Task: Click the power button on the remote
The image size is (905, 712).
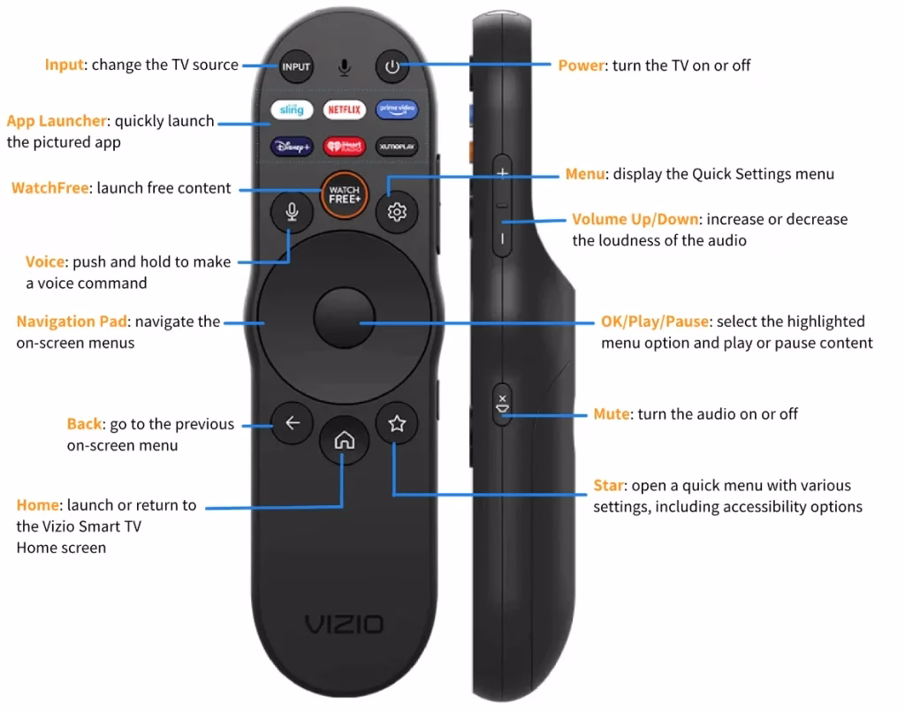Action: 392,66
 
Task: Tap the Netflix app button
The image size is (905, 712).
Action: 344,110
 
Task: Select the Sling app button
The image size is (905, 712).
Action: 292,110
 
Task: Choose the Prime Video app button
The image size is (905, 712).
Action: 396,110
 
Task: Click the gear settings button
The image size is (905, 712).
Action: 396,212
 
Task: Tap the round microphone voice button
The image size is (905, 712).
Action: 292,212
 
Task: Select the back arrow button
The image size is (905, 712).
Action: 293,424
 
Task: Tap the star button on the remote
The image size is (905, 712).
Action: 396,424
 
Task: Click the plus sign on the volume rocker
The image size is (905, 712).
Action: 502,173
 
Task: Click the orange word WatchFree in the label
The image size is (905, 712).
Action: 49,187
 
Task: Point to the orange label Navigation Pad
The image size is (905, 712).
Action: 72,322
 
